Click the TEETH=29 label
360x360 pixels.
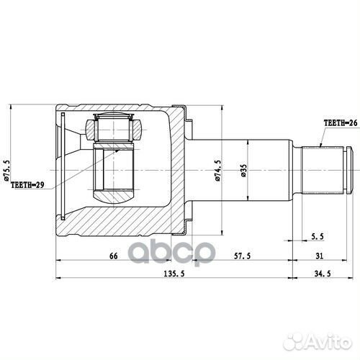coord(27,185)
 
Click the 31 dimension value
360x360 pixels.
coord(319,256)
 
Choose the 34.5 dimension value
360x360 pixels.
coord(322,274)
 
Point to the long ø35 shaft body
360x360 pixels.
coord(245,144)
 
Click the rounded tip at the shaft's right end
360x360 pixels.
coord(349,166)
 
